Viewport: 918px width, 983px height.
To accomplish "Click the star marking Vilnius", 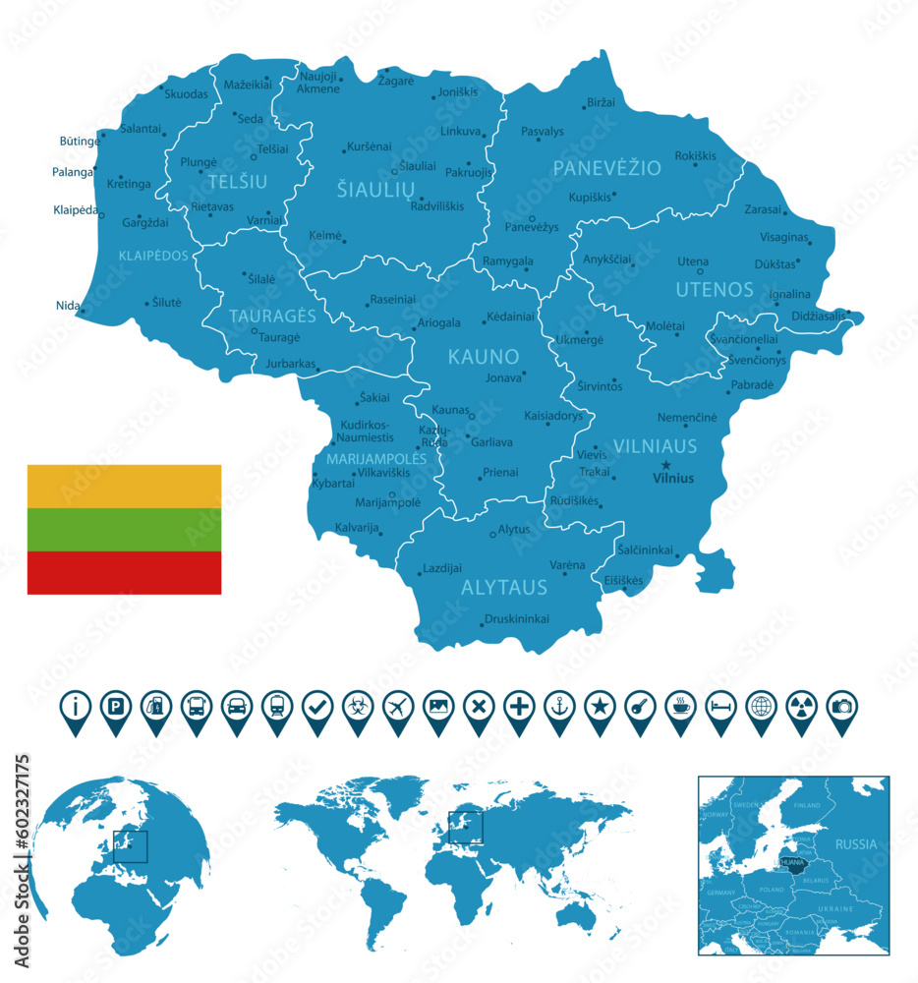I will coord(665,465).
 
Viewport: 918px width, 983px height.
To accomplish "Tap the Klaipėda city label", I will coord(76,209).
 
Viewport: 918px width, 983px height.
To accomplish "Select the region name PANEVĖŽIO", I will coord(606,168).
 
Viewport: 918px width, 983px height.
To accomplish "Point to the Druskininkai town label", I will coord(516,619).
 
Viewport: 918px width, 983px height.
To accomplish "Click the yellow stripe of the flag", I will coord(124,486).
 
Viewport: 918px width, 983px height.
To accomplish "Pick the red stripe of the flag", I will coord(124,572).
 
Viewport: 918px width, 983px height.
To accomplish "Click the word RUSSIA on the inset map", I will coord(855,843).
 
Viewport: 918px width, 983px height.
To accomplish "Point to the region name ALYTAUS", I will coord(504,588).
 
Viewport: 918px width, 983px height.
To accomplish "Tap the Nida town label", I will coord(68,306).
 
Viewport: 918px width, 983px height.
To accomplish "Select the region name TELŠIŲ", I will coord(237,181).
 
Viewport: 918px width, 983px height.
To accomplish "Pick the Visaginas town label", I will coord(784,238).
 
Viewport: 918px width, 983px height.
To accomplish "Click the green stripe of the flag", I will coord(124,529).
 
